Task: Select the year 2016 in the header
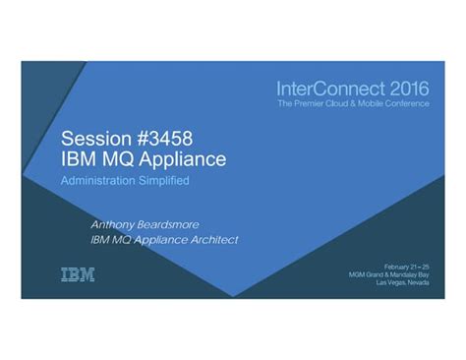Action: point(407,89)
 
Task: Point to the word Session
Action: point(94,138)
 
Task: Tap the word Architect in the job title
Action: point(212,239)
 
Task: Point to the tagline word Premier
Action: point(309,103)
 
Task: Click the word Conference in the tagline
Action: point(407,103)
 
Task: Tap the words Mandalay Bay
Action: point(411,275)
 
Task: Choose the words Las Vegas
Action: point(386,284)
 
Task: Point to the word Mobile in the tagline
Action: point(368,103)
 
